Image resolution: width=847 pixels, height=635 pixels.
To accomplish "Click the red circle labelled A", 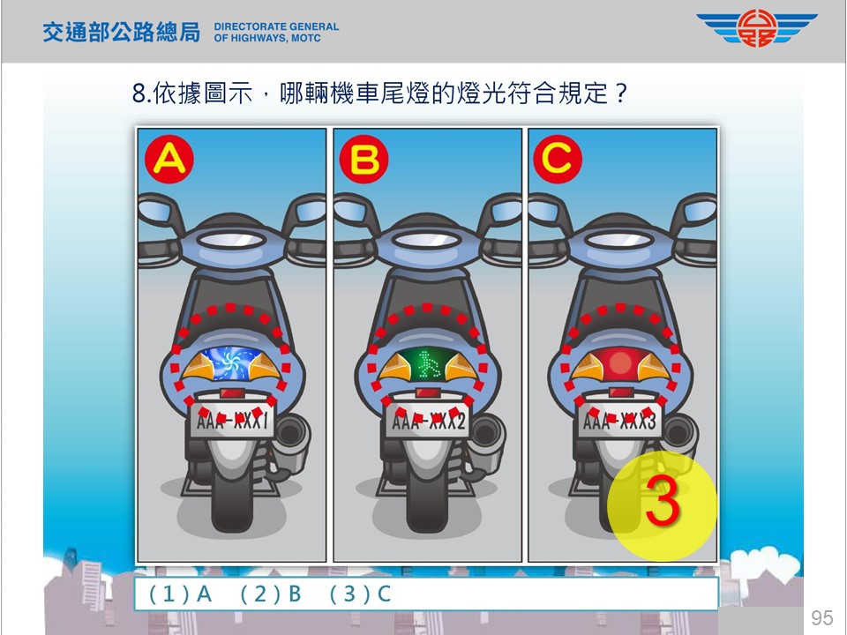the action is (x=169, y=160).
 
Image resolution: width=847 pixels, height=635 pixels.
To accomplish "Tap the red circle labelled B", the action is (x=364, y=160).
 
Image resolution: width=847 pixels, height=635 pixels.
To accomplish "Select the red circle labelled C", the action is (x=558, y=160).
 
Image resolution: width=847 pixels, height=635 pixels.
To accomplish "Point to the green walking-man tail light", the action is (x=427, y=364).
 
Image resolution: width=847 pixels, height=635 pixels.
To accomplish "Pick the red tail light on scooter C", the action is (x=620, y=362).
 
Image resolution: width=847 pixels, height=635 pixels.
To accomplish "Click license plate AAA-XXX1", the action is (x=232, y=420).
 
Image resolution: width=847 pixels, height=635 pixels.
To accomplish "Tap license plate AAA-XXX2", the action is (x=428, y=420).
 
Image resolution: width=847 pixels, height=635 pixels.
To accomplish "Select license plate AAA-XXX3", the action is (x=620, y=420).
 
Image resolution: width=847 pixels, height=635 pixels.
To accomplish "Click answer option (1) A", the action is (x=180, y=594).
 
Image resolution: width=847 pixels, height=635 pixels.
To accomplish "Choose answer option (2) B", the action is (x=270, y=594).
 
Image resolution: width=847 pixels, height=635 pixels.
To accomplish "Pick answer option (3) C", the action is (x=360, y=594).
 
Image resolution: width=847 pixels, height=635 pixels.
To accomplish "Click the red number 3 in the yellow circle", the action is (x=663, y=501).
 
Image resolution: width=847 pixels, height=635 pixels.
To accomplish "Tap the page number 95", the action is (x=821, y=617).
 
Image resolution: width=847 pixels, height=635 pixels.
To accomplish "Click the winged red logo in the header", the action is (x=757, y=28).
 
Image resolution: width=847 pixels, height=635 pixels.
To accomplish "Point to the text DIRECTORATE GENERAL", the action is (x=276, y=26).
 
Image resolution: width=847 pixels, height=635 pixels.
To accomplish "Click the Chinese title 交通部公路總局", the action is (x=121, y=32).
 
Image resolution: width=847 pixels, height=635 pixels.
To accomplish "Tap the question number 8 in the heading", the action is (x=139, y=93).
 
